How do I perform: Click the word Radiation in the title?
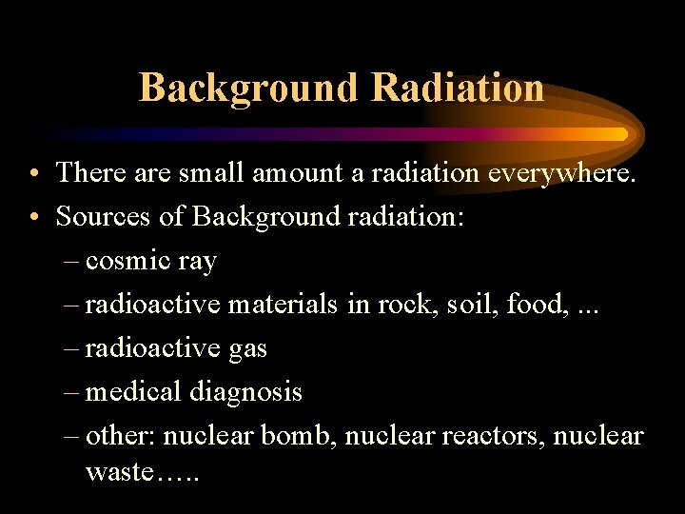[458, 88]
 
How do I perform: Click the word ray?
[197, 262]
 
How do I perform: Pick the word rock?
[400, 304]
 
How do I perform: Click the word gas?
[248, 349]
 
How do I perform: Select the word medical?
[133, 391]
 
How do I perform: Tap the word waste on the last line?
[118, 471]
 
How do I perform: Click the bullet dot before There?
[33, 173]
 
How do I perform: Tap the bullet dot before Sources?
[33, 217]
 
